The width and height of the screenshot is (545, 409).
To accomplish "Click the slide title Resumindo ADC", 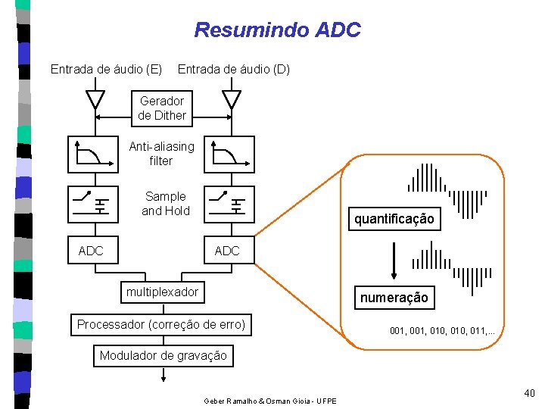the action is point(277,30).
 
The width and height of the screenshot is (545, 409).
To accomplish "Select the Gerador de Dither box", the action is point(162,108).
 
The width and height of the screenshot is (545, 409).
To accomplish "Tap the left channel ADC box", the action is point(93,250).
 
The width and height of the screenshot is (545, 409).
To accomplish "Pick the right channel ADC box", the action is point(229,250).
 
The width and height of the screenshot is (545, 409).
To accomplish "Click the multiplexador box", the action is point(162,292).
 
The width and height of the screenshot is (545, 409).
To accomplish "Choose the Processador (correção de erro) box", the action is point(161,325).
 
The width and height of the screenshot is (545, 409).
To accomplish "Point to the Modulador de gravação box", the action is point(163,356).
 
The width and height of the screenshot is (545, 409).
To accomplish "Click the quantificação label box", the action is point(394,219).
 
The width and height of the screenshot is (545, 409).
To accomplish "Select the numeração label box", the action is point(394,298).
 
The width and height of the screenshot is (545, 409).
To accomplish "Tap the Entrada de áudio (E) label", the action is point(106,69).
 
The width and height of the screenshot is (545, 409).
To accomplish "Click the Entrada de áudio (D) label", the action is point(234,69).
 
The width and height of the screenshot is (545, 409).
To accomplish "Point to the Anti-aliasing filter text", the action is point(162,153).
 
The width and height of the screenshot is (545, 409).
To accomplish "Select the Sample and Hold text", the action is point(166,204).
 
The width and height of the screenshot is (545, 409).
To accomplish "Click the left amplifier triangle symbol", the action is point(95,98).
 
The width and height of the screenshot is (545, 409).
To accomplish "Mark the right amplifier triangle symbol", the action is point(232,98).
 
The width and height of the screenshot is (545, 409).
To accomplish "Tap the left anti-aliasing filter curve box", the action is point(93,155).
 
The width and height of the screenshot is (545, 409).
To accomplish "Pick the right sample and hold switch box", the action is point(229,204).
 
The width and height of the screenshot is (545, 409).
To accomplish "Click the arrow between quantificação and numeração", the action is point(394,261).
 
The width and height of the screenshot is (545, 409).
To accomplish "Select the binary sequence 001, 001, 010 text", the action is point(442,331).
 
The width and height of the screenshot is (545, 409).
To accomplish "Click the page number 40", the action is point(529,393).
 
